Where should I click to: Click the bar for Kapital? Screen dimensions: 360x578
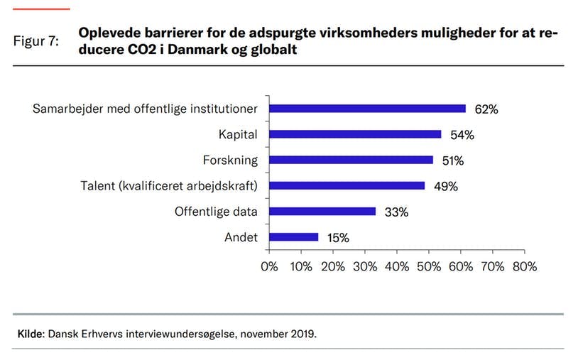point(356,134)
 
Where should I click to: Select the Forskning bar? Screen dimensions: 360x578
point(351,160)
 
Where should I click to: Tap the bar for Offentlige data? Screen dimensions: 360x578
point(323,211)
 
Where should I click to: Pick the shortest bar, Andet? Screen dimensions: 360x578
point(294,237)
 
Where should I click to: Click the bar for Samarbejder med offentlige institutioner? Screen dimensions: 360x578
point(368,109)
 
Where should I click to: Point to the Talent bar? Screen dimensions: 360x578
point(347,185)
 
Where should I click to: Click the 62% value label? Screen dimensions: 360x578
point(487,109)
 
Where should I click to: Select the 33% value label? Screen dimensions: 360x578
point(396,212)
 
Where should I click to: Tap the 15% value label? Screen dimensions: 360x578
point(338,238)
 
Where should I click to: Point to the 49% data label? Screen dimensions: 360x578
point(446,186)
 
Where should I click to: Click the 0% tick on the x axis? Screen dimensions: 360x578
point(270,267)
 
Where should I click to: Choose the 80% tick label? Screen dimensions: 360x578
point(524,267)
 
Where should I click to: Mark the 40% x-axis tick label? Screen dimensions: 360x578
point(397,267)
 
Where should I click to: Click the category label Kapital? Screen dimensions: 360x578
point(238,134)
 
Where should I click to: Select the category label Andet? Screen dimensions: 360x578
point(241,237)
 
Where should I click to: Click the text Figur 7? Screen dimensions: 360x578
point(36,41)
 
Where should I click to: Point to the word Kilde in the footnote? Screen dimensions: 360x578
point(30,332)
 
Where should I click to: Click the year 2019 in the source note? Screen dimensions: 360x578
point(299,332)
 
